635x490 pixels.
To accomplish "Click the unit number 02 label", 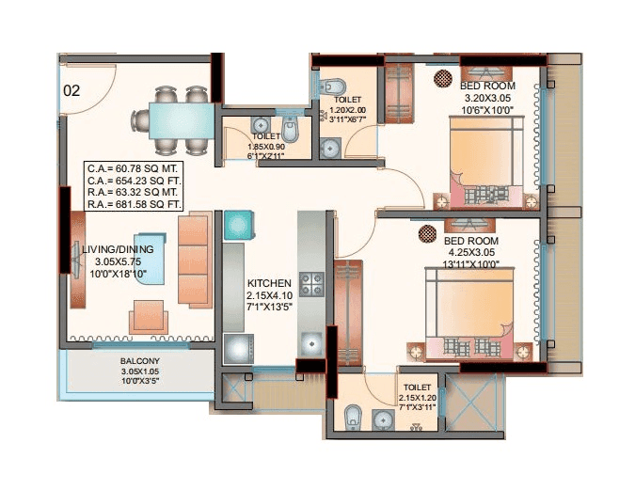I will pos(71,91).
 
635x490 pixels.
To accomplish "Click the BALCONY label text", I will pos(139,361).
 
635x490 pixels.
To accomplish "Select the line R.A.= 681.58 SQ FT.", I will pos(135,203).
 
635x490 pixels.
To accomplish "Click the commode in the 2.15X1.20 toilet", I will pos(354,415).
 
